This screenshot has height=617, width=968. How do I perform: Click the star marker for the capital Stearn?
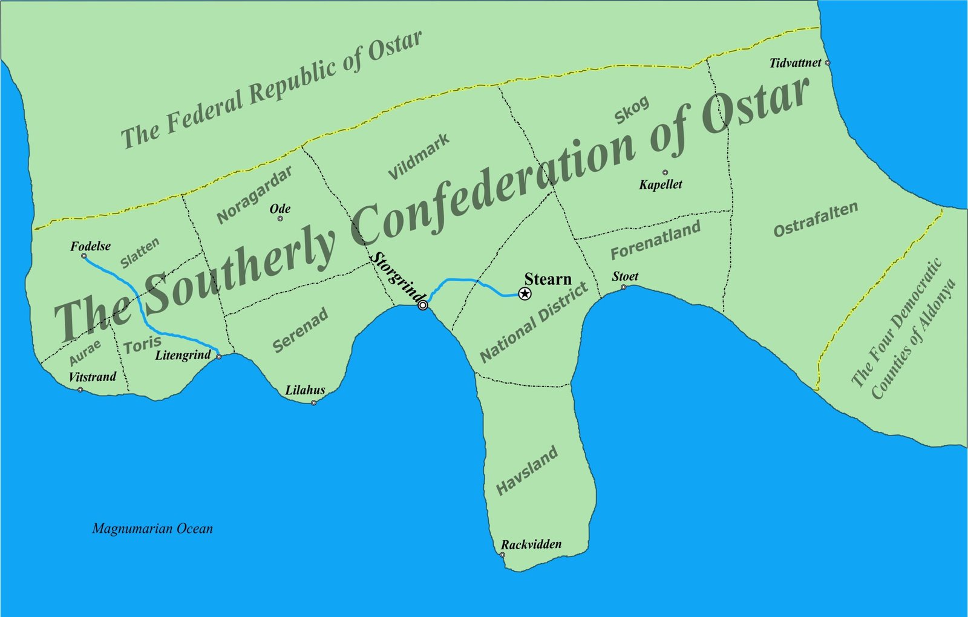pyautogui.click(x=525, y=294)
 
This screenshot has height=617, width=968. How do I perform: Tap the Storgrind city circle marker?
pyautogui.click(x=423, y=305)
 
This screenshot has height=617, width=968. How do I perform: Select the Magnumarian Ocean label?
pyautogui.click(x=152, y=529)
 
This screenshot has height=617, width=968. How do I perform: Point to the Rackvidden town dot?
pyautogui.click(x=502, y=555)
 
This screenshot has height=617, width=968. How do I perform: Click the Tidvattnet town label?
pyautogui.click(x=795, y=63)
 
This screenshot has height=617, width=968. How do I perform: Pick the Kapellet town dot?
pyautogui.click(x=665, y=172)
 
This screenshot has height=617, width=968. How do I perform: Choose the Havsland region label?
pyautogui.click(x=527, y=471)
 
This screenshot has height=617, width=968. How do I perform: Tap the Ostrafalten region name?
pyautogui.click(x=816, y=220)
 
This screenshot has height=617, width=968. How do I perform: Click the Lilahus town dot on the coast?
pyautogui.click(x=313, y=403)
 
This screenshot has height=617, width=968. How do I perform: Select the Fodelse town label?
pyautogui.click(x=90, y=246)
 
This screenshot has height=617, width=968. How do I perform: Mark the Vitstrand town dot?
pyautogui.click(x=80, y=390)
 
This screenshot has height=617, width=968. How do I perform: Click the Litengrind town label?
pyautogui.click(x=183, y=355)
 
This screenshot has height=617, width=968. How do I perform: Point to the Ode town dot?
pyautogui.click(x=280, y=218)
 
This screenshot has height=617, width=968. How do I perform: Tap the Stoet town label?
pyautogui.click(x=625, y=276)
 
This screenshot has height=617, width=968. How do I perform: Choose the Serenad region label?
pyautogui.click(x=300, y=330)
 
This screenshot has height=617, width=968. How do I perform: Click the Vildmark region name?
pyautogui.click(x=419, y=157)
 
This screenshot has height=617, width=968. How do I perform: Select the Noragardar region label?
pyautogui.click(x=255, y=194)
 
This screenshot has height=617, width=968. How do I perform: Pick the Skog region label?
pyautogui.click(x=632, y=110)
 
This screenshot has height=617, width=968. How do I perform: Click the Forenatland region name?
pyautogui.click(x=655, y=240)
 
